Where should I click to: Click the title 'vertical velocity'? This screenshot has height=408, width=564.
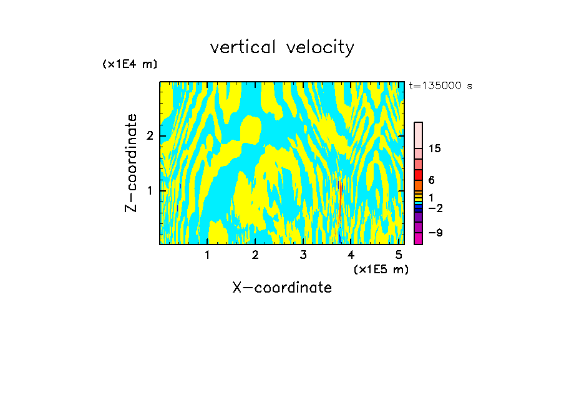[x=282, y=47]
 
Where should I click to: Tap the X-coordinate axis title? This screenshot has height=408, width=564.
[x=282, y=288]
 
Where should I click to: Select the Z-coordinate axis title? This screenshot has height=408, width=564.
[x=131, y=163]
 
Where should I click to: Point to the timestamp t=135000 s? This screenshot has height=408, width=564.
[x=440, y=85]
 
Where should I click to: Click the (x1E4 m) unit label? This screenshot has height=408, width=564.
[x=130, y=64]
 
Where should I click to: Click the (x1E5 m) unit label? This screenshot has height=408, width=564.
[x=381, y=269]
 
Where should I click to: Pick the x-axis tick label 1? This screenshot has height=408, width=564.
[x=207, y=255]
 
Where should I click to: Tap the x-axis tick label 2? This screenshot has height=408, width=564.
[x=255, y=255]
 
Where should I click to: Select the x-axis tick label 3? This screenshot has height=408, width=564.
[x=303, y=255]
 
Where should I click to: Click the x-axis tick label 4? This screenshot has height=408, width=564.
[x=351, y=255]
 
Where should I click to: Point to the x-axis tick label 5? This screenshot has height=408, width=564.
[x=399, y=255]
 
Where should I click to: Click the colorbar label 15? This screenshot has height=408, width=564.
[x=435, y=148]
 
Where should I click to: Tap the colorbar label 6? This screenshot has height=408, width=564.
[x=431, y=180]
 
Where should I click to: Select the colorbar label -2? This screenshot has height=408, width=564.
[x=435, y=208]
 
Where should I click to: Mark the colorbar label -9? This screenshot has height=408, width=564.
[x=435, y=233]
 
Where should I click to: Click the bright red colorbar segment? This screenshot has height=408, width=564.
[x=419, y=175]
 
